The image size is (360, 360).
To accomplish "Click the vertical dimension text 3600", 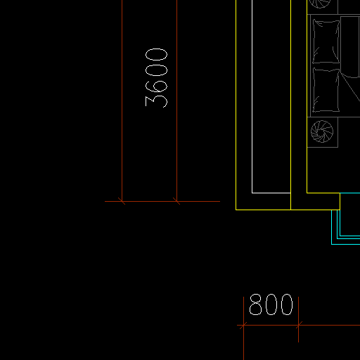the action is tap(156, 78).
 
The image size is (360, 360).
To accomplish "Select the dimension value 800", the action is tap(271, 304).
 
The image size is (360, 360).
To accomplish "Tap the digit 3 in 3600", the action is tap(156, 102).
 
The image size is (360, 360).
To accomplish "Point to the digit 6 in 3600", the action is tap(156, 86).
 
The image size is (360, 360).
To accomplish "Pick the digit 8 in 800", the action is tap(255, 304).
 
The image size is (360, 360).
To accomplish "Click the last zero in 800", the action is tap(287, 304).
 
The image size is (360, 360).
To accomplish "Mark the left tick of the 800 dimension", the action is tap(243, 326).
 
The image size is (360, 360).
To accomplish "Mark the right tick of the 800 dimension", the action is tap(298, 326).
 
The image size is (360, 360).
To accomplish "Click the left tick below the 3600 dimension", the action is tap(122, 201).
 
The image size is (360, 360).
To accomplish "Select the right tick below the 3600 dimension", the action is tap(176, 201).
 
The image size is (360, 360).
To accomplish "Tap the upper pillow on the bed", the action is tap(326, 41).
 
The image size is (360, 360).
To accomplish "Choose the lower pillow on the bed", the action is tap(326, 90).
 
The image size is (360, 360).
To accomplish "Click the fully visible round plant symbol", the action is tap(322, 131).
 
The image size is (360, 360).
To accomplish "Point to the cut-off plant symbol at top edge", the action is tap(320, 4).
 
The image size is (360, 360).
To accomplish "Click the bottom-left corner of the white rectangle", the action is tap(252, 193).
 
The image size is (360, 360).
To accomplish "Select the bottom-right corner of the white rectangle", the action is tap(290, 193).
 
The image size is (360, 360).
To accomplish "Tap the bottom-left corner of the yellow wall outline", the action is tap(236, 210).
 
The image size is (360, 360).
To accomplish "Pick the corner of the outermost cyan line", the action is tap(332, 244).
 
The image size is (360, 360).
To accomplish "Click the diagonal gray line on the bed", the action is tap(350, 87).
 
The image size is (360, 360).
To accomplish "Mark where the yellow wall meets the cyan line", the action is tap(340, 193).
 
